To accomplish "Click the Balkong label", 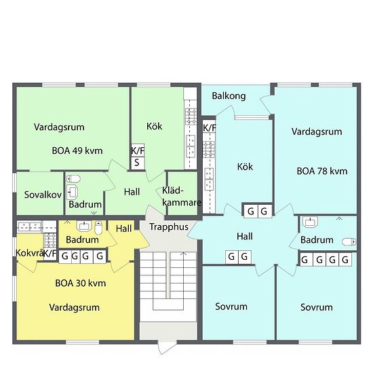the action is click(x=229, y=96).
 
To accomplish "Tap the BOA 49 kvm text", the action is click(x=77, y=151).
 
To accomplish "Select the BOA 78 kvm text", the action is click(x=322, y=172).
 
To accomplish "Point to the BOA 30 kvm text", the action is click(x=81, y=283).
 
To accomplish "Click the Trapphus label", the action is click(x=169, y=227).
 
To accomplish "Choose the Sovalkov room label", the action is click(x=43, y=195).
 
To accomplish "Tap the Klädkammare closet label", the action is click(x=181, y=197).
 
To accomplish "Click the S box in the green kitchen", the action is click(x=138, y=163).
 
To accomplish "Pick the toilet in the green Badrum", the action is click(x=73, y=178).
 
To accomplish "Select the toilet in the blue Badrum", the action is click(x=349, y=242).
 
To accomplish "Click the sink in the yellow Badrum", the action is click(x=83, y=226).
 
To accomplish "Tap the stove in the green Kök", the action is click(x=191, y=117).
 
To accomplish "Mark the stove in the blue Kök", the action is click(x=209, y=149).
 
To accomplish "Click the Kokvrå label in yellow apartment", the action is click(x=30, y=253).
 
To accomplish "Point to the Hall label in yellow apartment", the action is click(x=123, y=229).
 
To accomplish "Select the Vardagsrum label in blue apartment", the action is click(x=317, y=132).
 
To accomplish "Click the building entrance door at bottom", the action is click(x=168, y=347).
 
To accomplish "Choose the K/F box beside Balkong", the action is click(x=209, y=128).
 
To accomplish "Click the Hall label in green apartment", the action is click(x=132, y=192).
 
